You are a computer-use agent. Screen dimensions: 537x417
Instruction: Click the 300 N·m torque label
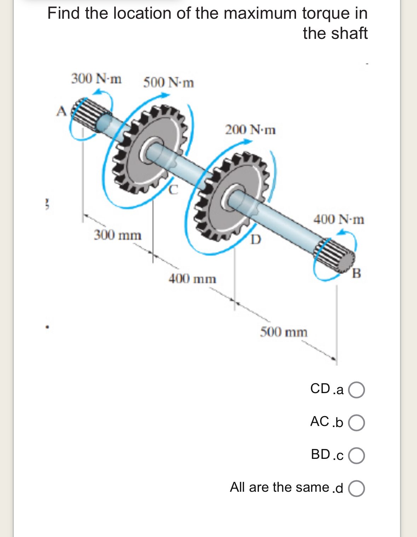96,78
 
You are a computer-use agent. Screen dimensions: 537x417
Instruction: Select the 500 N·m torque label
168,83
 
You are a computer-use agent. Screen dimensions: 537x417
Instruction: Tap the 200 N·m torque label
250,130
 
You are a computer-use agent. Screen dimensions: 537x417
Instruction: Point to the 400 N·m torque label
338,220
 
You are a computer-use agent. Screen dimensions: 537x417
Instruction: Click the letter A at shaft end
61,111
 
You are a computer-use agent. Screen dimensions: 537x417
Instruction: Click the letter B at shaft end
357,273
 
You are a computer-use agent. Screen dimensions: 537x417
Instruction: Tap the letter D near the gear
256,240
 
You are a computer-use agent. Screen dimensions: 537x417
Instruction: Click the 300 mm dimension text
117,235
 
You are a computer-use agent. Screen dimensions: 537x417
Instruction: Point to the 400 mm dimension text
192,279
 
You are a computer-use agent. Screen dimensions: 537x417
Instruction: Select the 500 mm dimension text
284,332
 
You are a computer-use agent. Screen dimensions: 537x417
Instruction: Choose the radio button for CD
357,390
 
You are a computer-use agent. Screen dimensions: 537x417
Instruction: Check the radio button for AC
357,423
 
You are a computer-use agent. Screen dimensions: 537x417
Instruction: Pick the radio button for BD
357,456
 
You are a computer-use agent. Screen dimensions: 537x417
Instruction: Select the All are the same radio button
357,489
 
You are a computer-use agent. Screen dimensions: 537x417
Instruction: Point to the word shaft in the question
350,33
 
